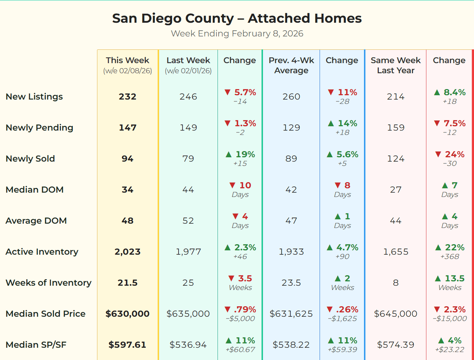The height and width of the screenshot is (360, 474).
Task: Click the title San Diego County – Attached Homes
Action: coord(237,18)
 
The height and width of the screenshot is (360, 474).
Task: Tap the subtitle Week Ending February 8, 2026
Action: coord(237,34)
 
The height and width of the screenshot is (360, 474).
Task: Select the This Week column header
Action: coord(127,61)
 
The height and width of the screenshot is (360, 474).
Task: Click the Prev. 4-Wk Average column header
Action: coord(291,65)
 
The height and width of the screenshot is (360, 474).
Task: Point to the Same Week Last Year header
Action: coord(395,65)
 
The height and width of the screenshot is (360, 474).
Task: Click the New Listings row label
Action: coord(34,97)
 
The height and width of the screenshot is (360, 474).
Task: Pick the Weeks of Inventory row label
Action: coord(48,283)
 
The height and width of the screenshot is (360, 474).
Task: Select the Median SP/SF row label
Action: coord(36,345)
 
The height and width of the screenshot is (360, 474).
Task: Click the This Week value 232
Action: coord(127,97)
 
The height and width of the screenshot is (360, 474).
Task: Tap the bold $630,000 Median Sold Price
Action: coord(127,314)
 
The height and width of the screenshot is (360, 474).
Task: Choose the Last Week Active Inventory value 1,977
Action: coord(188,252)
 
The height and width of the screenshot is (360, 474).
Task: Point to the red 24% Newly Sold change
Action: coord(449,155)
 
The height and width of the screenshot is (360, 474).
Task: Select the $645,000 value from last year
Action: coord(395,314)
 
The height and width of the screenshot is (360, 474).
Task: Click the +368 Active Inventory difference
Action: coord(449,257)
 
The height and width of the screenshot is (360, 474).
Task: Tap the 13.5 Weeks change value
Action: coord(449,279)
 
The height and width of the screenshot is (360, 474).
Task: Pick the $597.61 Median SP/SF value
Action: coord(127,345)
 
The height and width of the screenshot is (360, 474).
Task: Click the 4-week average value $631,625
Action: coord(291,314)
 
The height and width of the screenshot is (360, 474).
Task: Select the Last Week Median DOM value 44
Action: coord(188,190)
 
